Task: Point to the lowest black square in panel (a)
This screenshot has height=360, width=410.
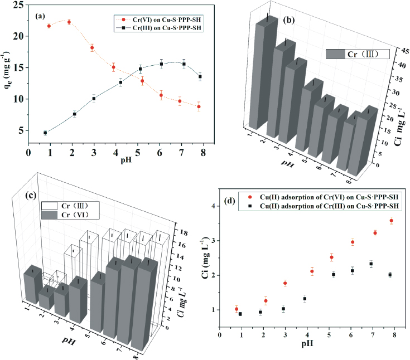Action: coord(45,133)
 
